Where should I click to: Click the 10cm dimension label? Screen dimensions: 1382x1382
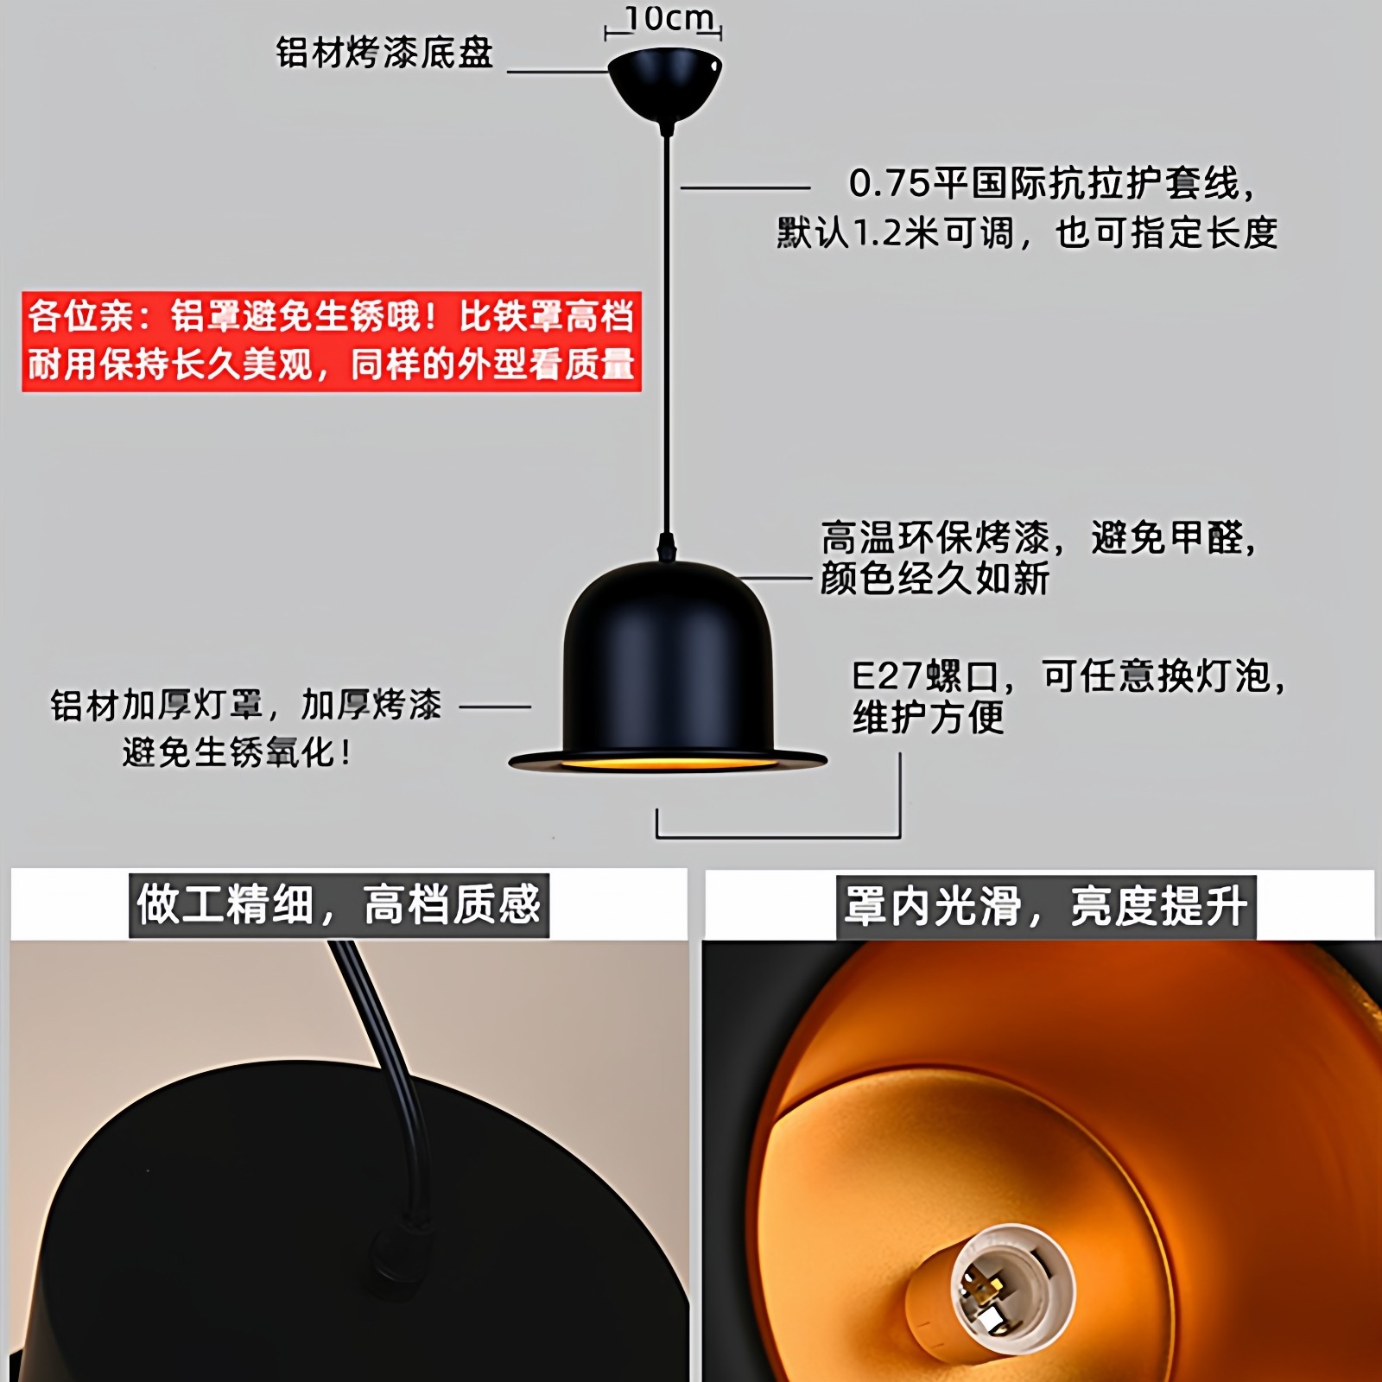point(669,18)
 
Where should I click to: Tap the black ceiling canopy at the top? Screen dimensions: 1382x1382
point(664,81)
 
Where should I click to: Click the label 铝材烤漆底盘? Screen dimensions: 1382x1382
point(384,54)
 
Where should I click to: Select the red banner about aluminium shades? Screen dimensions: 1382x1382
point(332,341)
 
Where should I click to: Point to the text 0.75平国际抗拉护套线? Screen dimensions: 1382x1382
point(1049,183)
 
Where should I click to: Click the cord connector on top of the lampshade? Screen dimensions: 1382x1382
point(666,547)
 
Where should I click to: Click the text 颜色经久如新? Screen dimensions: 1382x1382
point(935,579)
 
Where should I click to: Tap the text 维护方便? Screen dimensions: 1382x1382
point(929,718)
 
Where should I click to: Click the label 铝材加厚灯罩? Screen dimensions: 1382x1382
point(155,706)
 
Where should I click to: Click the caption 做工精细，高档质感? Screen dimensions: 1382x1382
point(339,905)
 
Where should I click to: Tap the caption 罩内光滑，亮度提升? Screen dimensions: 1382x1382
point(1045,907)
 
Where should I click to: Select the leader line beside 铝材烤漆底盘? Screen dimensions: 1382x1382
point(557,72)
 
